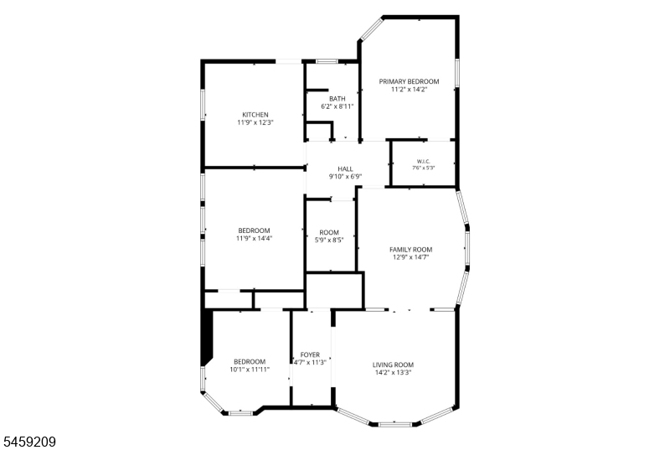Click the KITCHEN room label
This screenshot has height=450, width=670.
[255, 115]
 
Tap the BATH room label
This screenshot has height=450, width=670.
[338, 99]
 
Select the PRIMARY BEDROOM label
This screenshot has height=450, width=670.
[409, 81]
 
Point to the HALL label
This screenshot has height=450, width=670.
[345, 168]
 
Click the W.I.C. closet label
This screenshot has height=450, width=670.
[423, 161]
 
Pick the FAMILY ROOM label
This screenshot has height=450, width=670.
[410, 250]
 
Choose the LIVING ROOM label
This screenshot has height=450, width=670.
[393, 365]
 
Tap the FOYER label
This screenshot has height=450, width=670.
[310, 354]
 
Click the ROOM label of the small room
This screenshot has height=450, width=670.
[329, 232]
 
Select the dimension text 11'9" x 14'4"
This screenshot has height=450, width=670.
[254, 239]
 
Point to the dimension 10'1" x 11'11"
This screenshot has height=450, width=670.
[250, 370]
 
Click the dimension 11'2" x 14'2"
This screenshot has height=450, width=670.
[409, 90]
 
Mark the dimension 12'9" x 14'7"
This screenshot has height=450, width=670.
[410, 257]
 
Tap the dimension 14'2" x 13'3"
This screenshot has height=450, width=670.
[393, 373]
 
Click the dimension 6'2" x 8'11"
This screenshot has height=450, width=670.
[338, 106]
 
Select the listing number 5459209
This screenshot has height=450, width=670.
[30, 442]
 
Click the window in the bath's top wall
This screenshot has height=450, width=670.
[327, 61]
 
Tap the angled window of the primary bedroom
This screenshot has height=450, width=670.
[371, 28]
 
